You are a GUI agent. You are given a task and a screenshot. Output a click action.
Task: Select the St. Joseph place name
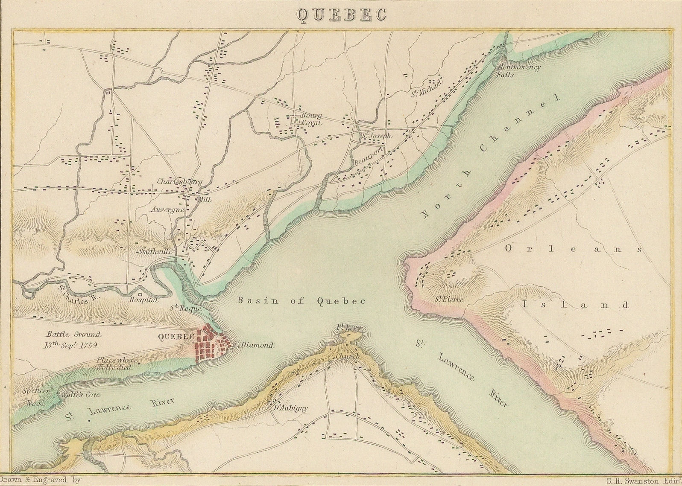(x=376, y=136)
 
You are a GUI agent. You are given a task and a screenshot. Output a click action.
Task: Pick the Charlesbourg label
(x=179, y=181)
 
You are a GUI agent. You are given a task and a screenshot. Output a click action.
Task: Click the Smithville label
(x=155, y=252)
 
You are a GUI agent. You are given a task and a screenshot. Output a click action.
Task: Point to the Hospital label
(x=143, y=300)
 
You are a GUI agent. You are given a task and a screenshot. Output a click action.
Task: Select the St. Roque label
(x=185, y=308)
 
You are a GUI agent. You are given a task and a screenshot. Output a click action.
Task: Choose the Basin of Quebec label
(x=301, y=300)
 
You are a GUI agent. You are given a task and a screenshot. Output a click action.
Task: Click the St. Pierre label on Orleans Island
(x=449, y=300)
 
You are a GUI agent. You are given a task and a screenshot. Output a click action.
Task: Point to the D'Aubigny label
(x=290, y=407)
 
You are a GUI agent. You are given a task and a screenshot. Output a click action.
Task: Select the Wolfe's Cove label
(x=81, y=395)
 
